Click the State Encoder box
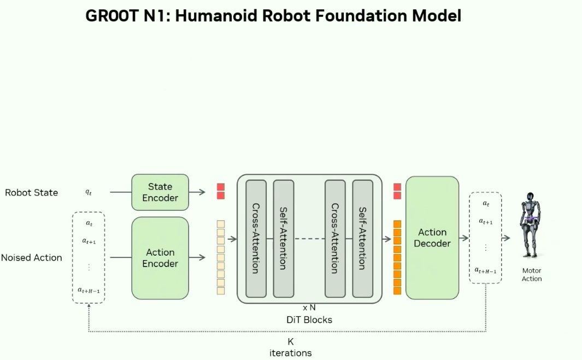click(x=160, y=192)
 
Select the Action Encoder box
click(x=160, y=258)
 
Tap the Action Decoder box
click(x=432, y=238)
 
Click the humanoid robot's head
click(x=531, y=196)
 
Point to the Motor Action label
click(x=532, y=275)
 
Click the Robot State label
click(x=32, y=193)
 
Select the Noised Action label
click(x=32, y=257)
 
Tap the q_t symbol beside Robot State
click(x=89, y=192)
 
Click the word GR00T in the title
click(x=112, y=16)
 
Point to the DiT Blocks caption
click(x=309, y=320)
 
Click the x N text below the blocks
click(x=309, y=308)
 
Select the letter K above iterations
click(x=291, y=341)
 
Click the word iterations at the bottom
click(x=291, y=353)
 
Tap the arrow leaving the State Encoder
click(x=197, y=192)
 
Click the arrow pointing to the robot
click(x=506, y=238)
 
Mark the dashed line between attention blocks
click(x=309, y=239)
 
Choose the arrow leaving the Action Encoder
click(x=197, y=257)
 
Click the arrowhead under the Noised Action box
click(x=89, y=305)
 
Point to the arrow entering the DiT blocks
click(x=232, y=239)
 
